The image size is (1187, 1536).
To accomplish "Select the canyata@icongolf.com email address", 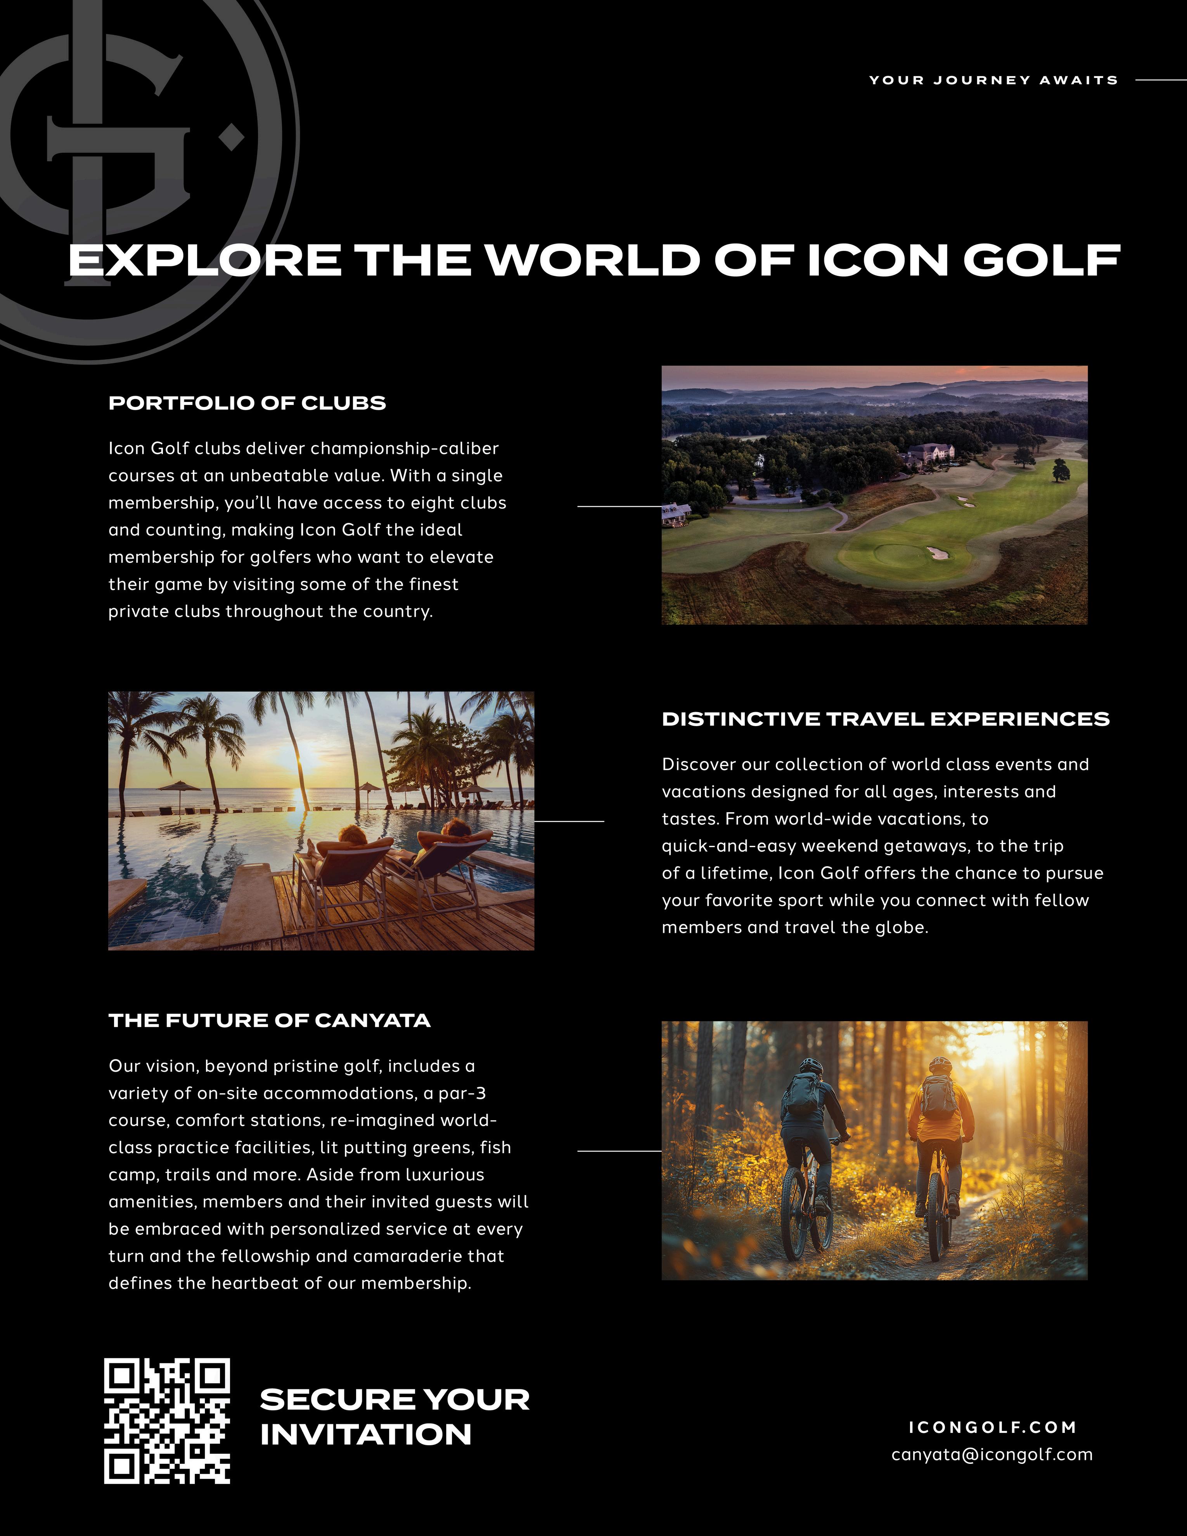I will [x=991, y=1455].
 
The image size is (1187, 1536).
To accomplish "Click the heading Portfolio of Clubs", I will [x=247, y=403].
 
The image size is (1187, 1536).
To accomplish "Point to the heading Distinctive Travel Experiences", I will [x=885, y=719].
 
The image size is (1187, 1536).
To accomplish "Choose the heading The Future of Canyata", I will [x=269, y=1021].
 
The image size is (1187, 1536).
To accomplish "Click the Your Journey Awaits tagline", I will [x=993, y=80].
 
